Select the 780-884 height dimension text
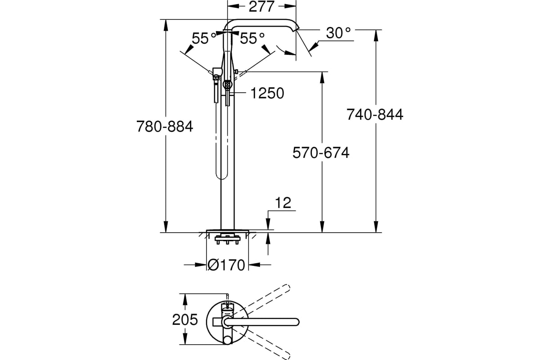(165, 127)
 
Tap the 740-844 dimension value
(375, 115)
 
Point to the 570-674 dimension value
(321, 153)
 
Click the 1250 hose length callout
(267, 93)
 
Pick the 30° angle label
(338, 33)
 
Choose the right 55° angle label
(252, 39)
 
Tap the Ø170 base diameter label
(227, 265)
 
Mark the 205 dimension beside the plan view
(185, 320)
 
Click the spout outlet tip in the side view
(295, 29)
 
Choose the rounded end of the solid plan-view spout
(296, 321)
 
